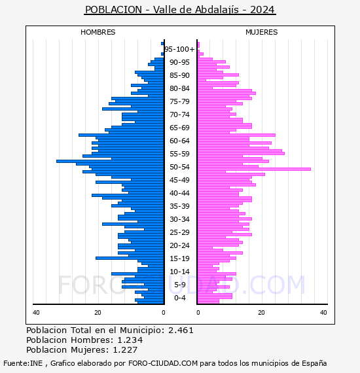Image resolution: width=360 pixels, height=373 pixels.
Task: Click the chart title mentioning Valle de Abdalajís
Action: pyautogui.click(x=180, y=10)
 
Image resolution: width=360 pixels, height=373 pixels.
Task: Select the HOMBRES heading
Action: pyautogui.click(x=98, y=32)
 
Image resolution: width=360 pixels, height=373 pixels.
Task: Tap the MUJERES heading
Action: pyautogui.click(x=262, y=32)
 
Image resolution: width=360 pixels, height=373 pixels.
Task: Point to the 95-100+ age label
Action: pyautogui.click(x=179, y=49)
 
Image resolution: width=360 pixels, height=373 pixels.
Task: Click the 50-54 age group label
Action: pyautogui.click(x=179, y=167)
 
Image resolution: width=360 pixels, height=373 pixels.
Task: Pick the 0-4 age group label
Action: pyautogui.click(x=179, y=298)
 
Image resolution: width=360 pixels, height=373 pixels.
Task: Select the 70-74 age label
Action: pyautogui.click(x=179, y=115)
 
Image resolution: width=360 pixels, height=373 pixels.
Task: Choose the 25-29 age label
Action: pyautogui.click(x=179, y=232)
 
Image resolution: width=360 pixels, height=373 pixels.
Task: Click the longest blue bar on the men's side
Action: pyautogui.click(x=110, y=161)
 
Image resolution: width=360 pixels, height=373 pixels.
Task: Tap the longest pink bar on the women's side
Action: pyautogui.click(x=254, y=169)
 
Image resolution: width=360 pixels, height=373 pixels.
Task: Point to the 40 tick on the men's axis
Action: pyautogui.click(x=36, y=312)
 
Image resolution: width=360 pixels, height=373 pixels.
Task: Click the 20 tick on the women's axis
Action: pyautogui.click(x=261, y=312)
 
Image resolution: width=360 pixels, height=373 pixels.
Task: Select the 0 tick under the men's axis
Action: pyautogui.click(x=163, y=312)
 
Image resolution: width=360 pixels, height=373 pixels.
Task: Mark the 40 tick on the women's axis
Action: pyautogui.click(x=323, y=312)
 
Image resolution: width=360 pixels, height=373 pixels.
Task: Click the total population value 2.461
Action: pyautogui.click(x=181, y=330)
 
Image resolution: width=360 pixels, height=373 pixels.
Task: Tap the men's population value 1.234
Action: pyautogui.click(x=130, y=340)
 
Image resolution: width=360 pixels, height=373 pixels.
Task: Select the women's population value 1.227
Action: pyautogui.click(x=125, y=349)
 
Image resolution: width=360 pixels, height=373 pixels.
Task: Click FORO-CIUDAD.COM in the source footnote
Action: pyautogui.click(x=163, y=363)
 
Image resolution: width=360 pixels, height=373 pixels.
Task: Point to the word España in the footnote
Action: pyautogui.click(x=314, y=363)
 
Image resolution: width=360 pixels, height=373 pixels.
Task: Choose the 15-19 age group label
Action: pyautogui.click(x=179, y=258)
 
